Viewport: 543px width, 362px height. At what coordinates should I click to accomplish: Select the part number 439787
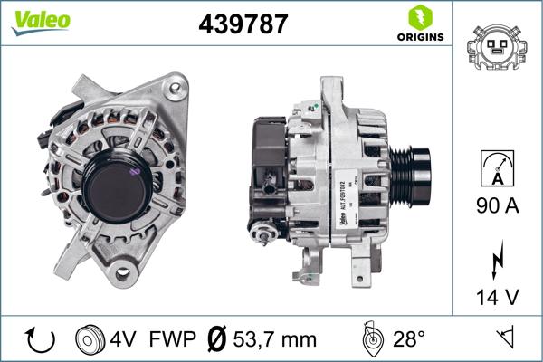tap(243, 24)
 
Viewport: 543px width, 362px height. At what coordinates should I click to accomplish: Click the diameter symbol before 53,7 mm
tap(217, 340)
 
